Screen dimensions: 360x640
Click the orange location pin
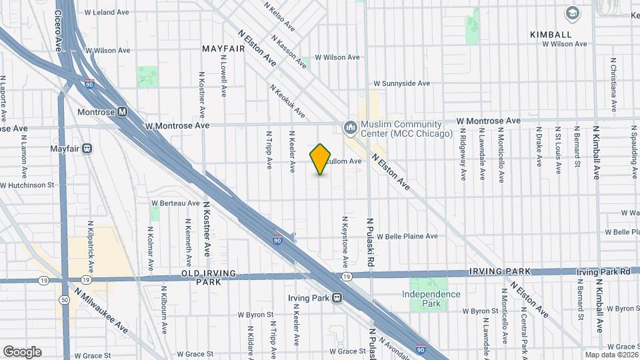pyautogui.click(x=321, y=159)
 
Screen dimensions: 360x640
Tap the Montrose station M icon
pyautogui.click(x=122, y=112)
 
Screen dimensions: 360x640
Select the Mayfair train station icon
pyautogui.click(x=87, y=149)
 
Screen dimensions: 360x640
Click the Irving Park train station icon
pyautogui.click(x=338, y=298)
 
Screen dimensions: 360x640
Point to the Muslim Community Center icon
pyautogui.click(x=350, y=127)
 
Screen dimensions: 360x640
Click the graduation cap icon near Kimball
pyautogui.click(x=572, y=13)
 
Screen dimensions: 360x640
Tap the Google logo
pyautogui.click(x=22, y=351)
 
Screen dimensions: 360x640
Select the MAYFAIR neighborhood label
pyautogui.click(x=224, y=49)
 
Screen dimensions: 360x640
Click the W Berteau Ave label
pyautogui.click(x=175, y=203)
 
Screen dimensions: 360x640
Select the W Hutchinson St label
pyautogui.click(x=27, y=185)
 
